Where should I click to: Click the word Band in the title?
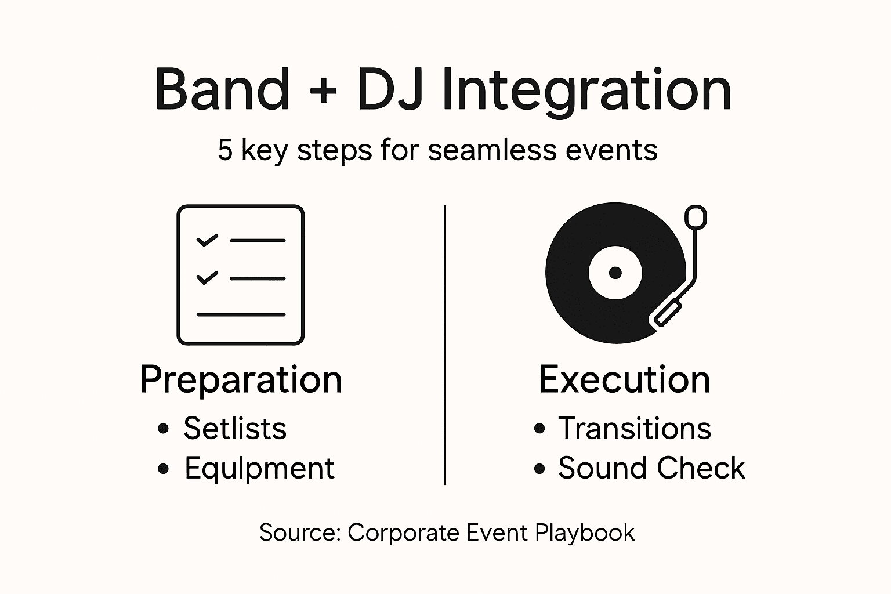(x=222, y=90)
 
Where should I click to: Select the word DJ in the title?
(x=389, y=90)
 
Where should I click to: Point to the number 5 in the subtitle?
(x=225, y=150)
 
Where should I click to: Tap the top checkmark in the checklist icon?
(x=207, y=240)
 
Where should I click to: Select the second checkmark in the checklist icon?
(x=207, y=278)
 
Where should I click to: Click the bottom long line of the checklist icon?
(x=241, y=315)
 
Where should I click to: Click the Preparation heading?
(x=241, y=380)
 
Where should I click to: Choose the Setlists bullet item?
(x=235, y=429)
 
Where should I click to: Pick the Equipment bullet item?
(x=259, y=468)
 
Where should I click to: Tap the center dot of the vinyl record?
(x=615, y=273)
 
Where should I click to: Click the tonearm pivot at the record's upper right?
(x=696, y=218)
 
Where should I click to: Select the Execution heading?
(x=624, y=380)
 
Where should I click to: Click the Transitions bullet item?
(x=635, y=429)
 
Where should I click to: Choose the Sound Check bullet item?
(x=651, y=468)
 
